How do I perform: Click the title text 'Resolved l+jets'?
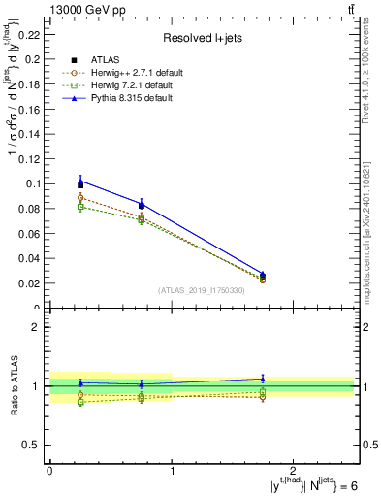(202, 38)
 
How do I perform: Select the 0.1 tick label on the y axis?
(33, 183)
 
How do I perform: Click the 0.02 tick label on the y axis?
(29, 283)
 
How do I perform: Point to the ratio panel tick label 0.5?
(33, 445)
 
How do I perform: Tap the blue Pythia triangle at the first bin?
(80, 180)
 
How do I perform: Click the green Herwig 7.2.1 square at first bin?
(80, 207)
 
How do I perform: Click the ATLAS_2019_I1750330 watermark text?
(201, 290)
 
